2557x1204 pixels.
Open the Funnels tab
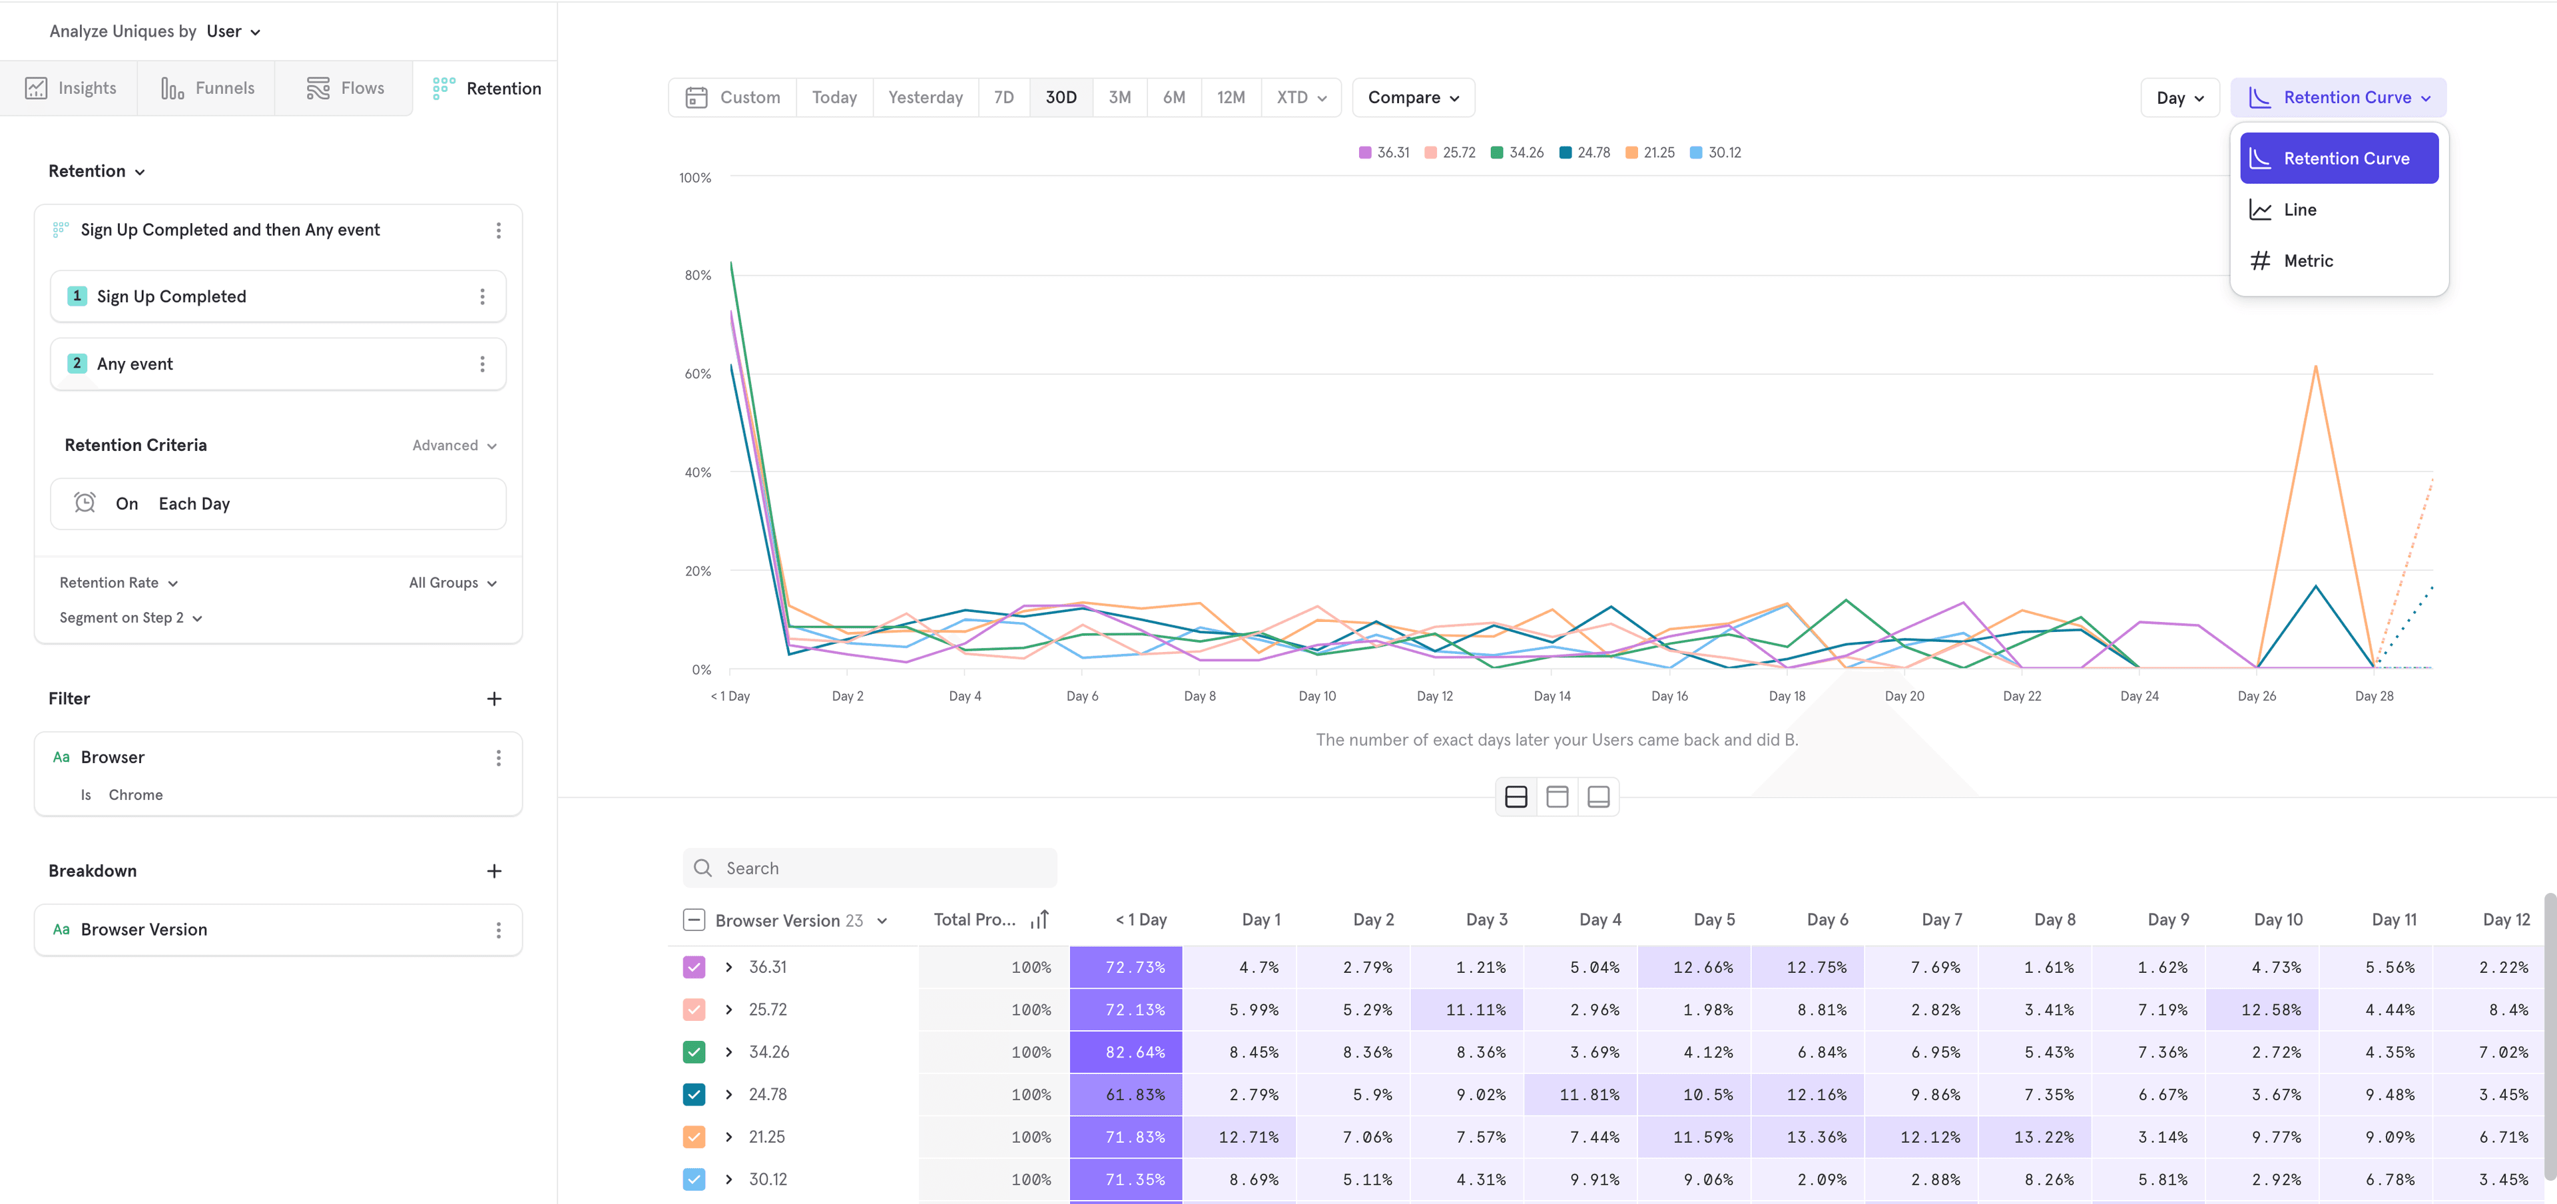tap(208, 89)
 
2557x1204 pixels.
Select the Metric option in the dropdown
tap(2308, 261)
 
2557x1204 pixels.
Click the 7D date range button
tap(1003, 97)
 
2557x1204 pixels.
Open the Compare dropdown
tap(1412, 97)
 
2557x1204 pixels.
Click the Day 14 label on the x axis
tap(1552, 696)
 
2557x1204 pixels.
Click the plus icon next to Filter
tap(494, 699)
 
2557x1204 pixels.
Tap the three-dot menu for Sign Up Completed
tap(482, 297)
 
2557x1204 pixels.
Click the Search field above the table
tap(870, 868)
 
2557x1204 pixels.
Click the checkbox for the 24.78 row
tap(694, 1095)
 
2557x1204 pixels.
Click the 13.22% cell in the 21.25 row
tap(2043, 1137)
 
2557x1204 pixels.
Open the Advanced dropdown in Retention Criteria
tap(453, 446)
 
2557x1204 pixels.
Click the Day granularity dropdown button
tap(2179, 97)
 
